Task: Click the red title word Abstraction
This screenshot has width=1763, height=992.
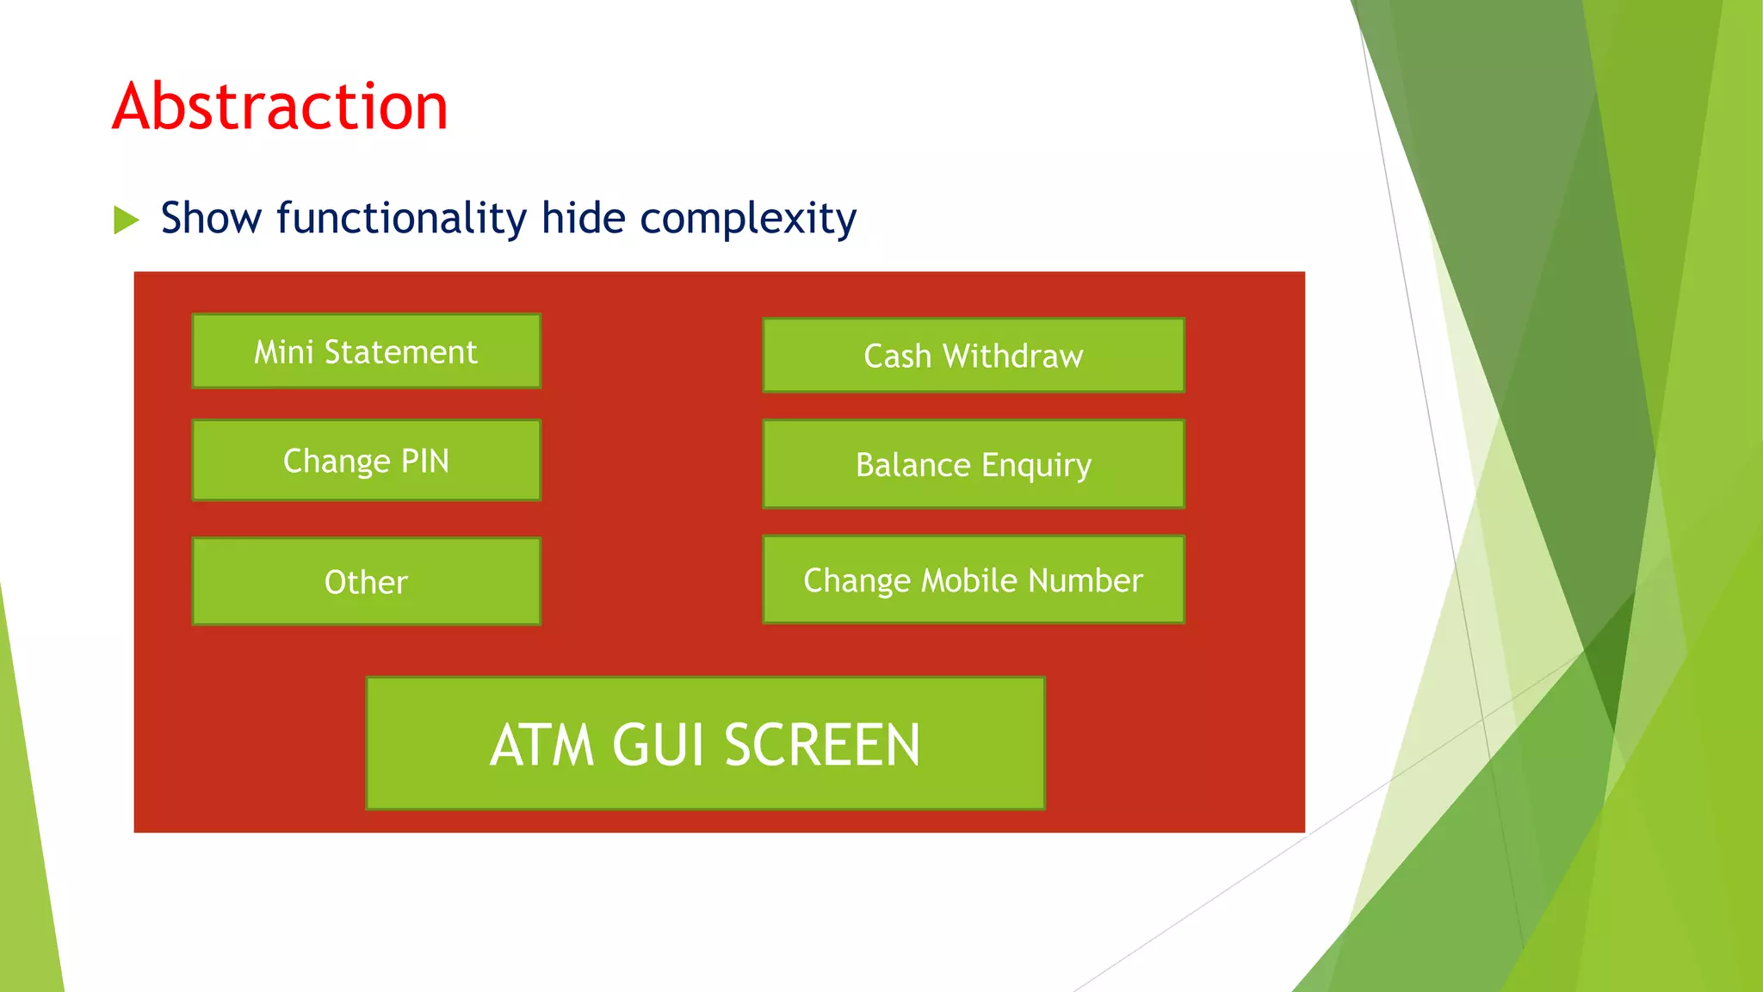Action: pos(280,107)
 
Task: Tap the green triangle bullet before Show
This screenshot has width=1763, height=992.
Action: pos(126,220)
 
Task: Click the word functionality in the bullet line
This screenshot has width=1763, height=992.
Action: pos(401,218)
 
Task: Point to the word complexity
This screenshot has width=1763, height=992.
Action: pos(748,220)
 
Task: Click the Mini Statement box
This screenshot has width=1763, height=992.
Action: pos(366,351)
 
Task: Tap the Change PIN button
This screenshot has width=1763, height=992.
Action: pos(366,461)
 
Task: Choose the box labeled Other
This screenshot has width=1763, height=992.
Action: pos(366,582)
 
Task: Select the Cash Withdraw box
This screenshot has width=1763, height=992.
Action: pos(973,356)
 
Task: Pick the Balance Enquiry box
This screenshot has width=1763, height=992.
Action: pos(973,465)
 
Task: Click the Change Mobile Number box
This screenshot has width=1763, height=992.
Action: pos(973,580)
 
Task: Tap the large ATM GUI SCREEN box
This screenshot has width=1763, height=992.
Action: pos(705,744)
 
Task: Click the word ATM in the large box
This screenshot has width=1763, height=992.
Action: pos(542,745)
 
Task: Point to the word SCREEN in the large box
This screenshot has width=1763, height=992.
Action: pos(822,745)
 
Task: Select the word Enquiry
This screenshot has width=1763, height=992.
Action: pos(1036,466)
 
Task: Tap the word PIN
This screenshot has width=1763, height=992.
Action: pos(425,461)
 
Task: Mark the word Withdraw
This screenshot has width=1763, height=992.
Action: pos(1012,356)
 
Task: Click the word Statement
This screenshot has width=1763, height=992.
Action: pos(400,351)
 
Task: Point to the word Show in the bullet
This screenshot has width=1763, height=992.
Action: pos(211,218)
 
